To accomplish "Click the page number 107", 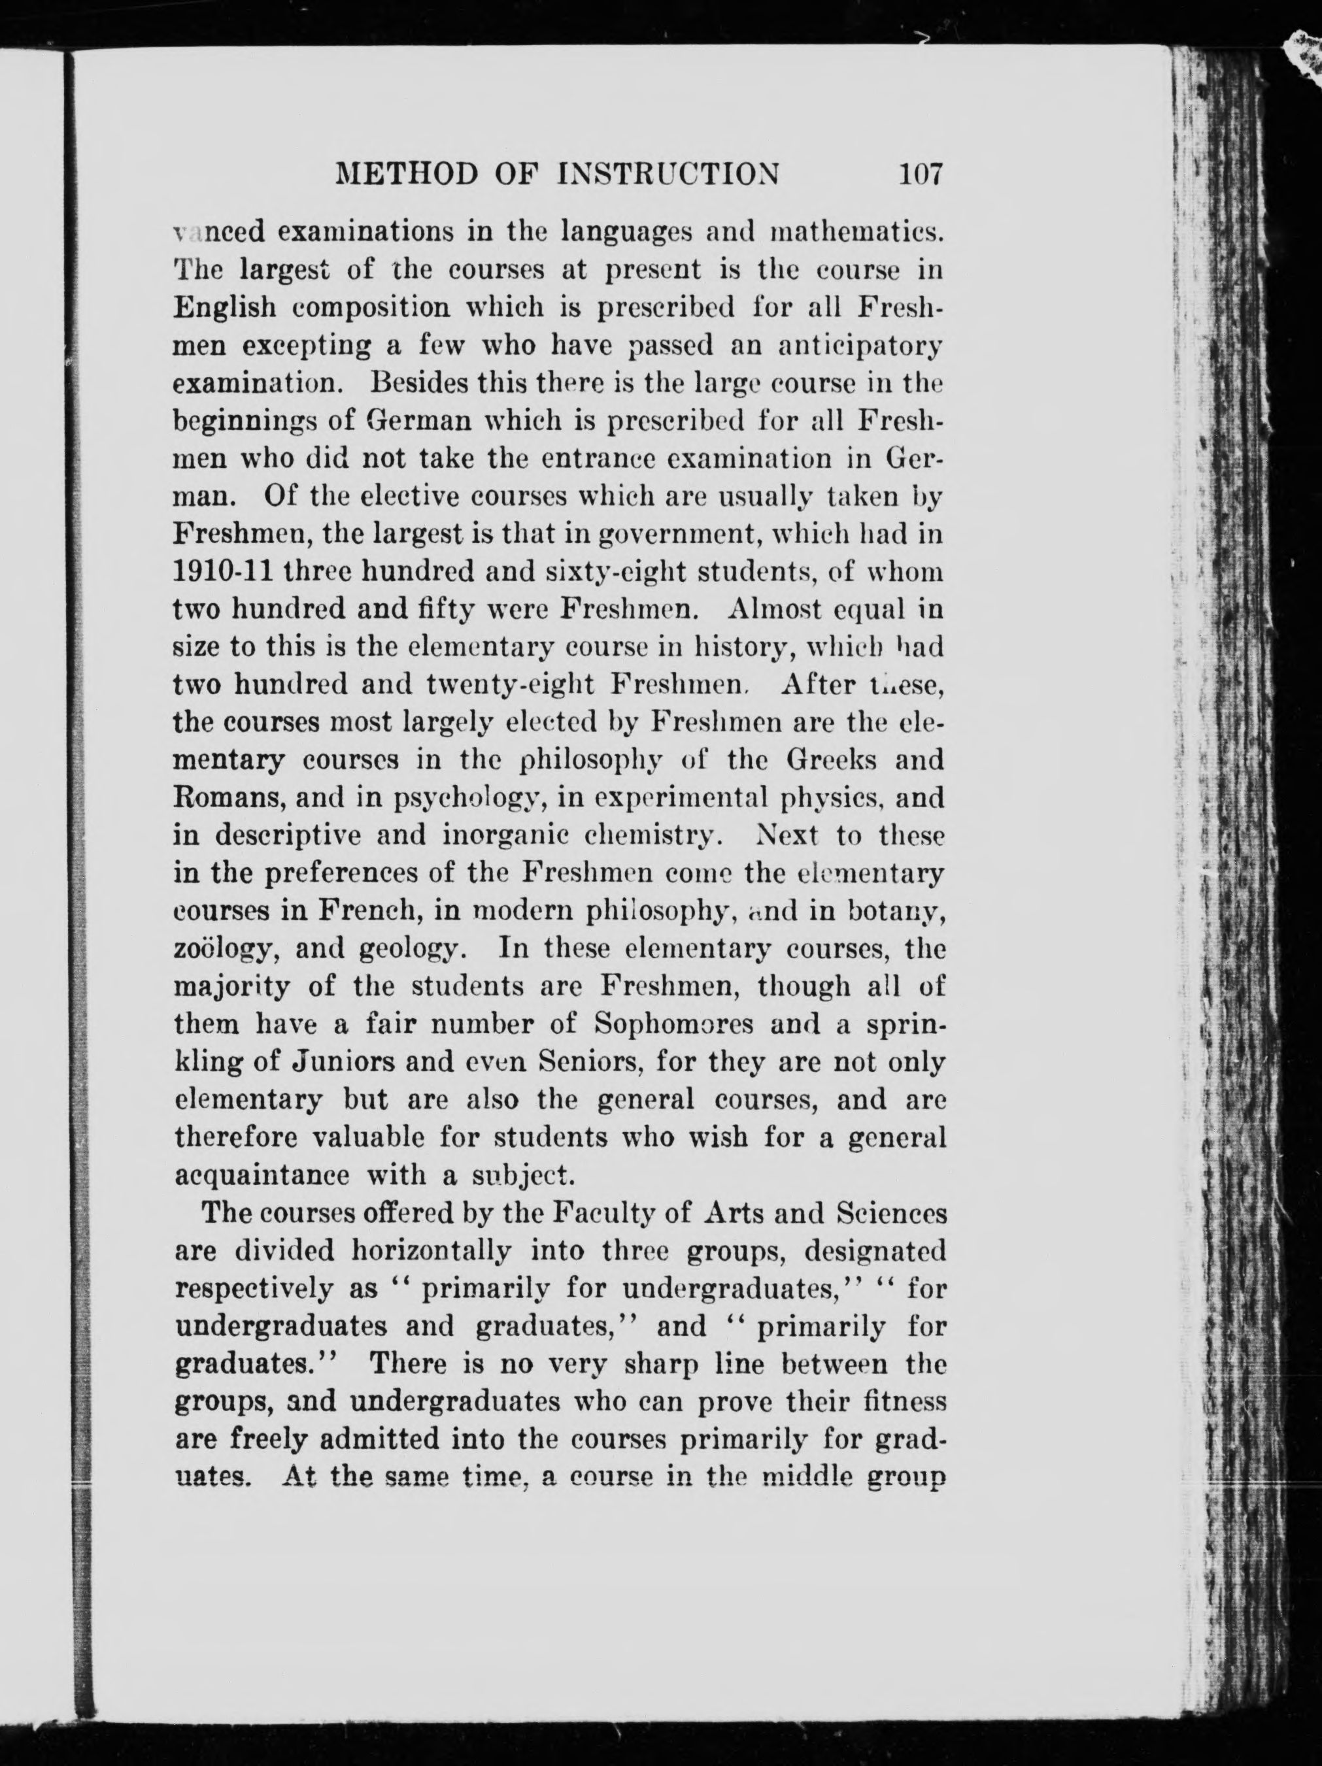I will pyautogui.click(x=920, y=173).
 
